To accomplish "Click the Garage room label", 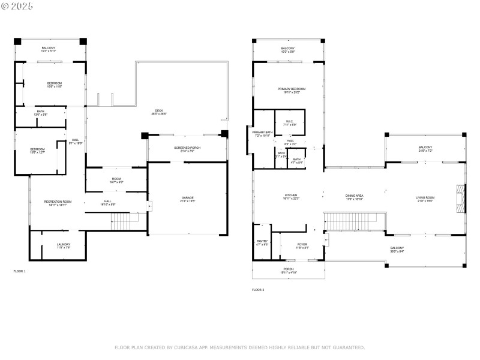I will (x=188, y=198).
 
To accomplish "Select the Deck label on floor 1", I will (x=159, y=111).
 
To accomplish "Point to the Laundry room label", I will (x=64, y=244).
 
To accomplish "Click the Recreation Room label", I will (x=58, y=202).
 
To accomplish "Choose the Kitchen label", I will (x=290, y=196).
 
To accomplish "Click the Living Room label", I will (x=425, y=198).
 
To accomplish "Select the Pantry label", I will (x=262, y=242).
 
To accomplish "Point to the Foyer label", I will (x=302, y=244).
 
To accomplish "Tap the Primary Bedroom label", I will (x=288, y=90).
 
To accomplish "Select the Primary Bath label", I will (x=263, y=133).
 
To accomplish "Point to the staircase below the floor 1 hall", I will (x=125, y=223).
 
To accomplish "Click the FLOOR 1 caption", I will (x=19, y=271).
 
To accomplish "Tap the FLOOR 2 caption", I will (x=258, y=290).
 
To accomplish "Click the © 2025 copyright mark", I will (x=17, y=7).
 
